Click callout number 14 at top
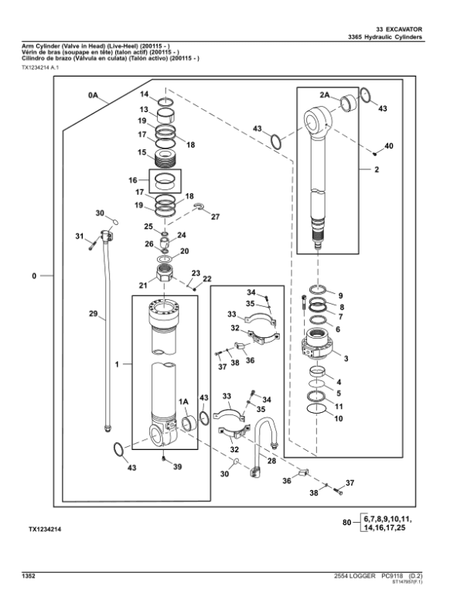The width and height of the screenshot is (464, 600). point(144,94)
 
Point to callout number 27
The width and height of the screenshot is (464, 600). point(215,217)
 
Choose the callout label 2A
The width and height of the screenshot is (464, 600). point(325,94)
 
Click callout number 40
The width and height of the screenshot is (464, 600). point(388,146)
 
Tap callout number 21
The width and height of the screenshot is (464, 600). point(144,286)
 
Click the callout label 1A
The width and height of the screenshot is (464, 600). point(184,402)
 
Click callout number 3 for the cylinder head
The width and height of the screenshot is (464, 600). point(346,359)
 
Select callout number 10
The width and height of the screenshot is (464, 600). point(338,418)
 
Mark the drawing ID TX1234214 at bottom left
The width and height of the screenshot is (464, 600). point(45,529)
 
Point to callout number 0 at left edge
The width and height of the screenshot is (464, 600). point(33,275)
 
